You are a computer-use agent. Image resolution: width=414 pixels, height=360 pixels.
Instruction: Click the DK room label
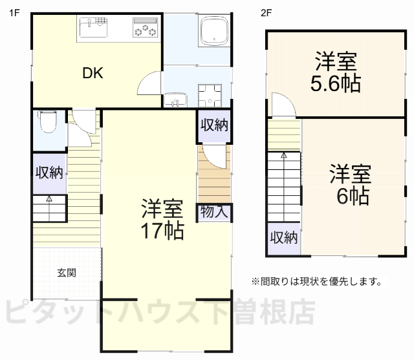[x=93, y=72]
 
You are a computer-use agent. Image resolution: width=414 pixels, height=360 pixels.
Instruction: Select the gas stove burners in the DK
[x=145, y=29]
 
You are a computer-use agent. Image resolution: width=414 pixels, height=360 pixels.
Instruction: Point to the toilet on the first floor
[x=49, y=122]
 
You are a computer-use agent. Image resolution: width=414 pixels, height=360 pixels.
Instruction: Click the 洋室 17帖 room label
[x=162, y=220]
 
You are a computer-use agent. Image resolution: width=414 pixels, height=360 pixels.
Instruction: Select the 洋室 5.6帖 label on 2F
[x=336, y=73]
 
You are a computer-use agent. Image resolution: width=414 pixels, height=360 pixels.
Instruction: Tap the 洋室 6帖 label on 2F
[x=350, y=185]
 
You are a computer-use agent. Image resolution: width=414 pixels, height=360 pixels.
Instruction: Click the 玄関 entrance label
[x=67, y=273]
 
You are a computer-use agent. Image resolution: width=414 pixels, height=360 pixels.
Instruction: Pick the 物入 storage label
[x=213, y=212]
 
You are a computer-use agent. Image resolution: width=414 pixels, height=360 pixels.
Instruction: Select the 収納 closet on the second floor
[x=283, y=237]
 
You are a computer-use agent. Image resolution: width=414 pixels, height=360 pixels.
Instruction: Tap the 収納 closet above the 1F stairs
[x=49, y=173]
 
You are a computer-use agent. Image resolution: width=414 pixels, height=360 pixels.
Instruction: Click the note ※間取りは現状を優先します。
[x=316, y=282]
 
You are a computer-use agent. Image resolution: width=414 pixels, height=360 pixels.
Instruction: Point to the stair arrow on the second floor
[x=283, y=156]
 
